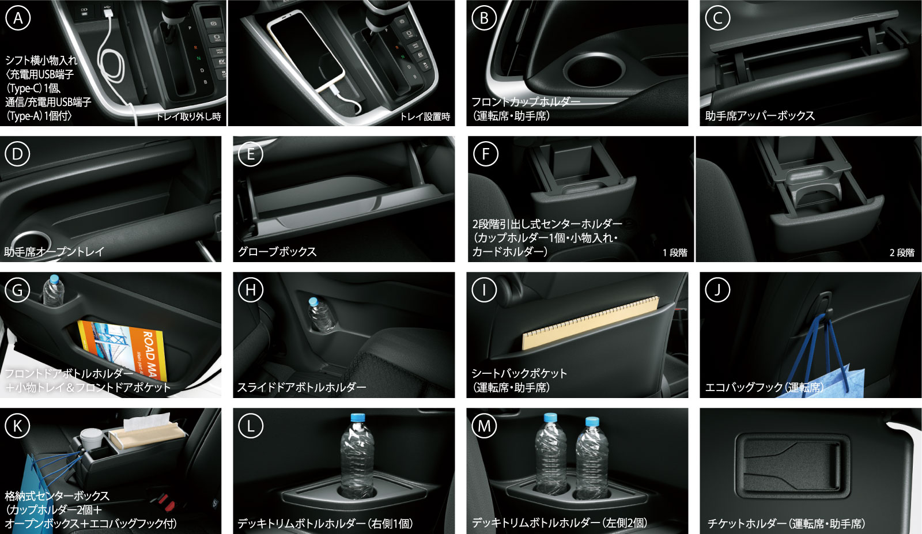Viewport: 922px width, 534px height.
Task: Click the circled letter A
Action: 18,18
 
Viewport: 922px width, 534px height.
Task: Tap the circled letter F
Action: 485,154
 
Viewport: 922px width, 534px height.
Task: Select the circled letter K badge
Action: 17,426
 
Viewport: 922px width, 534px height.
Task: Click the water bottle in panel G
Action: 54,291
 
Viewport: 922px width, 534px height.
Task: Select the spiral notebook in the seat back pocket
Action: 591,324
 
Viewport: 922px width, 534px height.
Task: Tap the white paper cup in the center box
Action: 92,440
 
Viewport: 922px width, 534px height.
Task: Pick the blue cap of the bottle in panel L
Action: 358,417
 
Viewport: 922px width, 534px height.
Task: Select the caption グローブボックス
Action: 277,251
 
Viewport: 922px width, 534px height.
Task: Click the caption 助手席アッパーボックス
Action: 760,116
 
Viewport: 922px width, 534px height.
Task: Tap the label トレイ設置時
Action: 425,117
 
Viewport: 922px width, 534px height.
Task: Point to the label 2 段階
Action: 902,253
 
